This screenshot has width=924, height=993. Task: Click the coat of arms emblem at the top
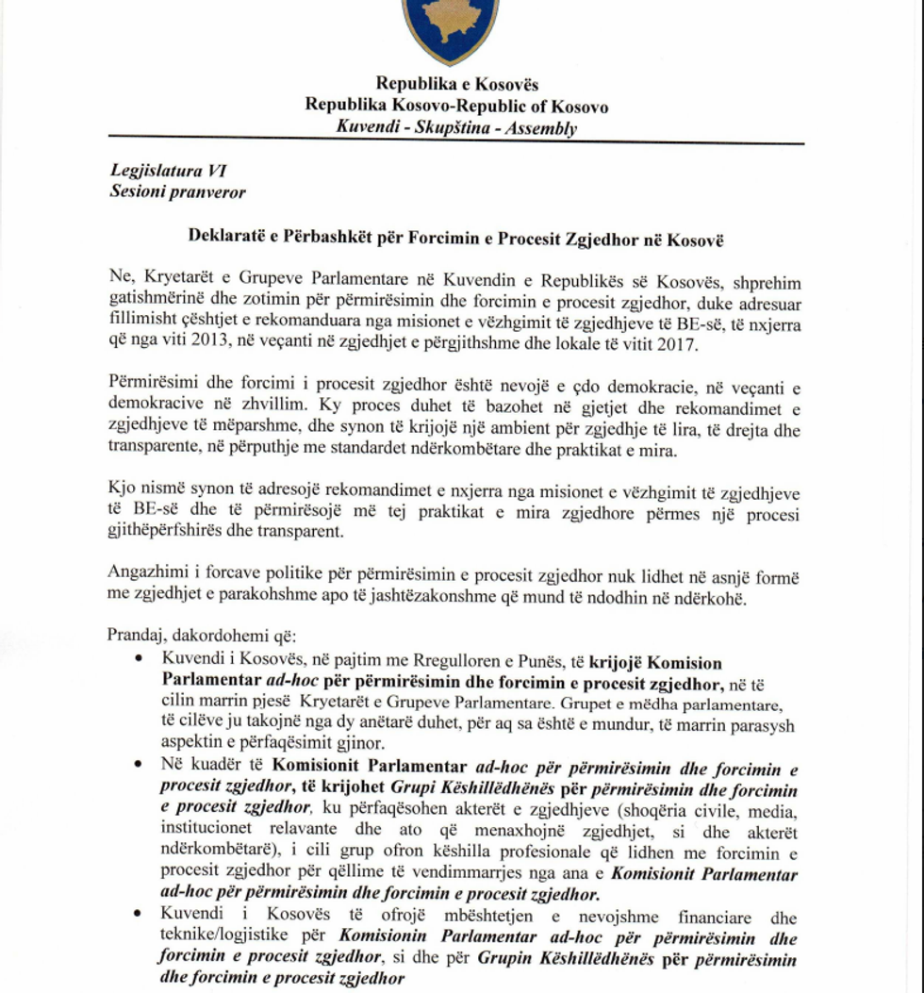(450, 28)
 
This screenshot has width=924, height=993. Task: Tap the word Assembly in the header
(540, 129)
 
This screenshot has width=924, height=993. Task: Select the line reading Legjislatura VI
(168, 172)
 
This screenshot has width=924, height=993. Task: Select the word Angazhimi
(149, 573)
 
